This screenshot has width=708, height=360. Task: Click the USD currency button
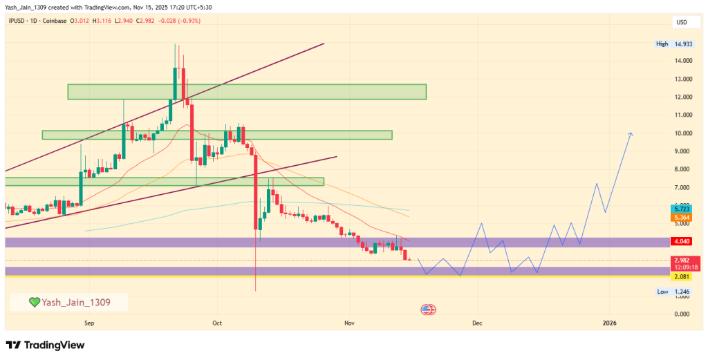[x=682, y=22]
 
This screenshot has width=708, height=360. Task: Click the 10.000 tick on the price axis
[x=684, y=133]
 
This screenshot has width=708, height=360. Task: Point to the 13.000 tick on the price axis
[x=684, y=79]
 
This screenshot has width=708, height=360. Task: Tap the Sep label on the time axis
[x=88, y=323]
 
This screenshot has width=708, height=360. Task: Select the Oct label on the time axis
[x=217, y=323]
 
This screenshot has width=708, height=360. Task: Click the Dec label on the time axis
[x=476, y=323]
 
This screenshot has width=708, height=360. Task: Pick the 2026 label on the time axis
[x=609, y=323]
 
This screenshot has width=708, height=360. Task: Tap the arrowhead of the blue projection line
[x=630, y=133]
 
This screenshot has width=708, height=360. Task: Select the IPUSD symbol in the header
[x=18, y=21]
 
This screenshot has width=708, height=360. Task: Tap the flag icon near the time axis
[x=427, y=309]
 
